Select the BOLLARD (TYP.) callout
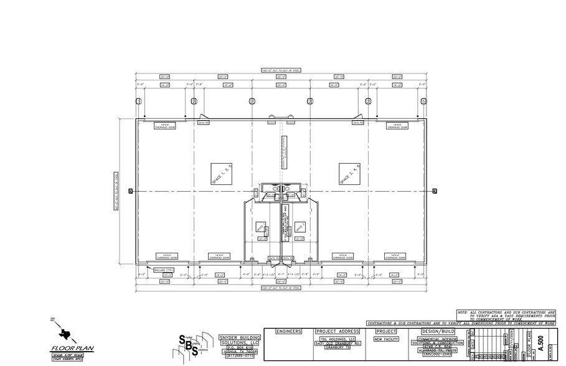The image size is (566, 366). point(163,270)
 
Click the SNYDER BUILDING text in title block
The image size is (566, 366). point(240,337)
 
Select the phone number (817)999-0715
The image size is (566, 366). point(240,356)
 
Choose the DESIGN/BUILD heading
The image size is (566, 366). point(438,331)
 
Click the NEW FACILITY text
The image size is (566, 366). point(387,340)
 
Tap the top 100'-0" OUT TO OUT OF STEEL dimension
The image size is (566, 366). point(281,70)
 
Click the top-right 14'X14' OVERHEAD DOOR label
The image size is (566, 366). point(396,126)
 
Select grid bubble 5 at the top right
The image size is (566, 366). point(423,101)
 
